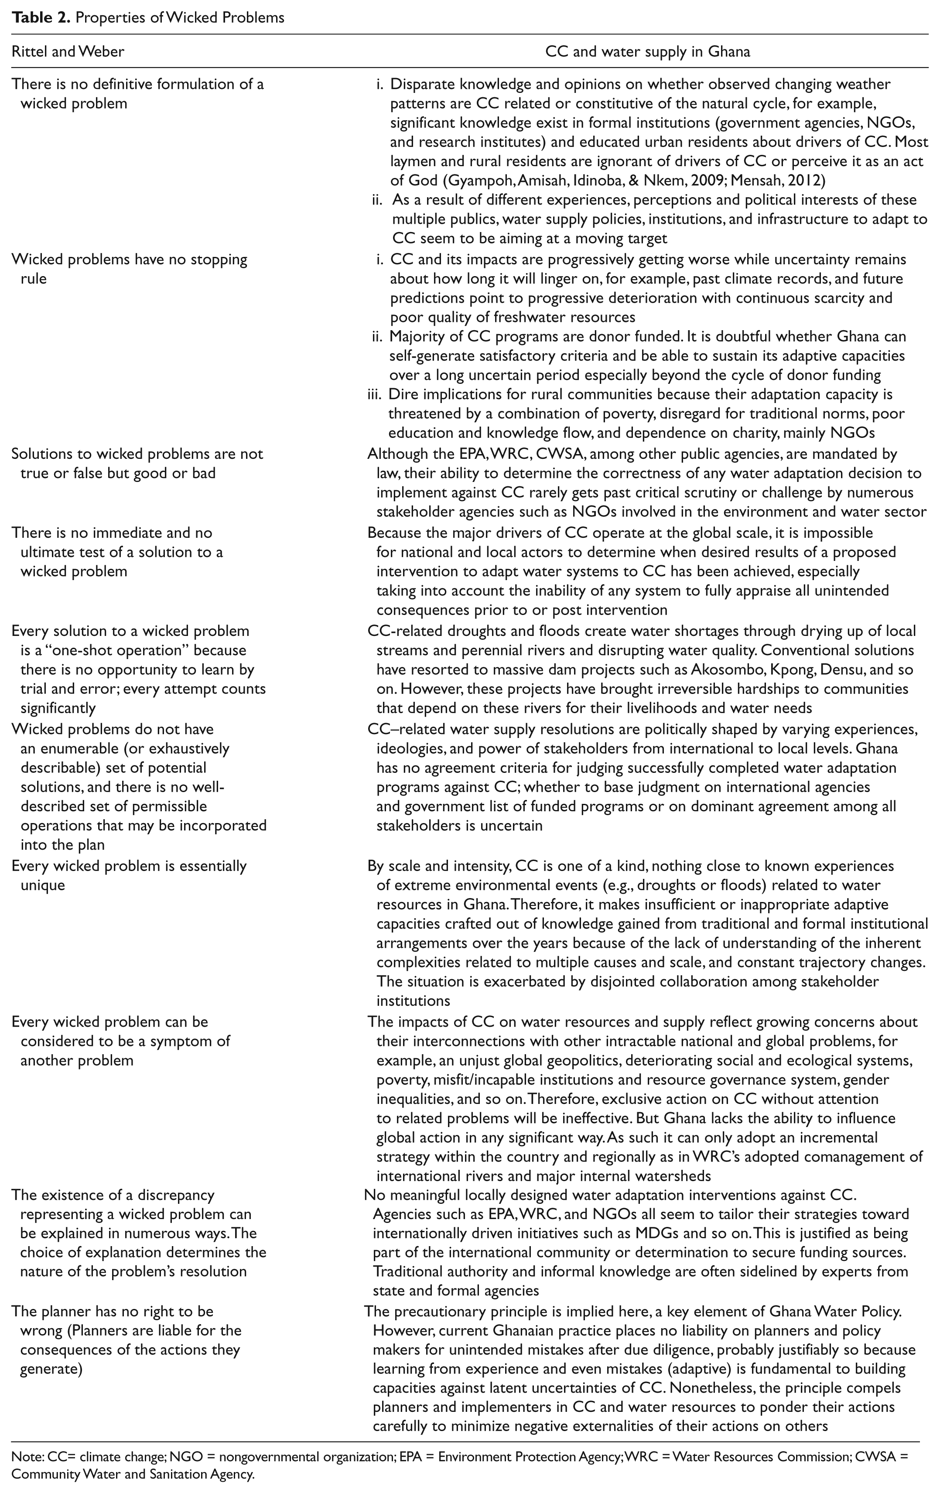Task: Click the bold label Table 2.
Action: pyautogui.click(x=38, y=17)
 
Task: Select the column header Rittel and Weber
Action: pyautogui.click(x=68, y=51)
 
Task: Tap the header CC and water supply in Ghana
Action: pyautogui.click(x=647, y=51)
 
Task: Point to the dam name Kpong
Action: pyautogui.click(x=786, y=670)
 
